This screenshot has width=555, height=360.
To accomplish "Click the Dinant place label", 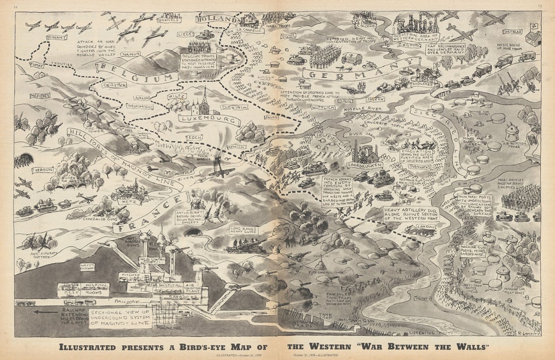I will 56,37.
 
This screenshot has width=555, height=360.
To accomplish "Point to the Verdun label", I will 43,170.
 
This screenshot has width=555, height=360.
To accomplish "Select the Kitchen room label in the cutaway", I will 128,275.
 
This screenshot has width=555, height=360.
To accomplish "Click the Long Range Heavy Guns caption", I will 245,230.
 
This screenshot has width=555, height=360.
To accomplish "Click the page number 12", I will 16,6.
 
